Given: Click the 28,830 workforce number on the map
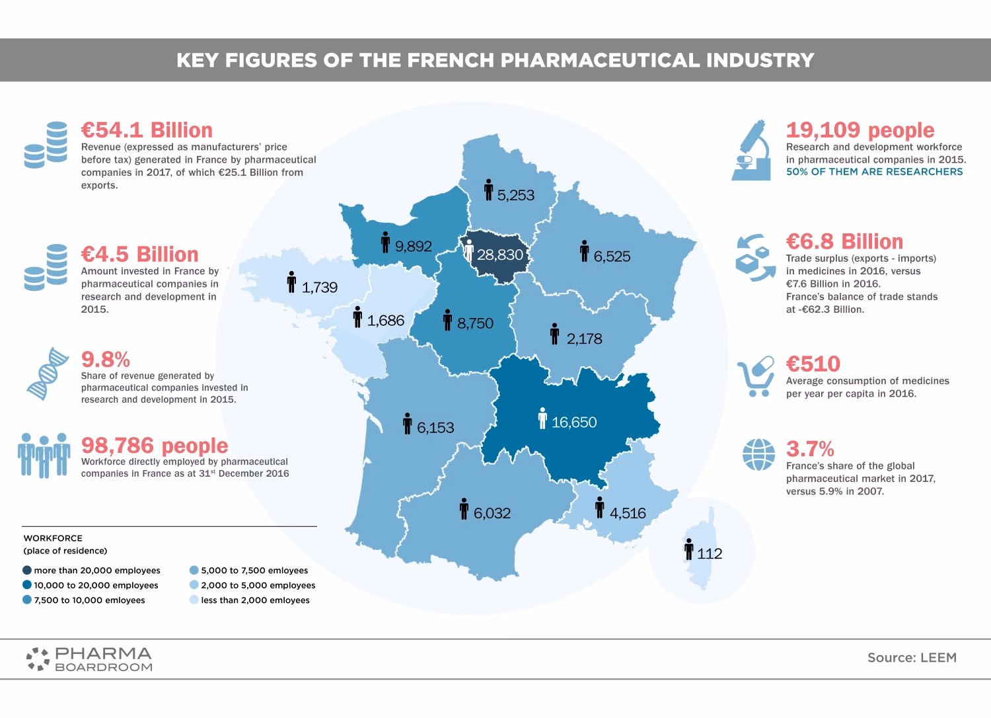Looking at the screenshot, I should coord(500,255).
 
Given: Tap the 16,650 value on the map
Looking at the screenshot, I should coord(574,422).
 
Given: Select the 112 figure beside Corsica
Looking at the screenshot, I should coord(710,554).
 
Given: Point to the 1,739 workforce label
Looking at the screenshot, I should coord(320,288).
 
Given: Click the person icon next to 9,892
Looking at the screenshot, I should coord(385,243).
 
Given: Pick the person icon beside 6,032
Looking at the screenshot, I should coord(464,508).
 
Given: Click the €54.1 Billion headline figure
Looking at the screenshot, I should coord(147,130).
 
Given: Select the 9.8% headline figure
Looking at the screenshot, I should coord(106,360).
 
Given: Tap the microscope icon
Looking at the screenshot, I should coord(752,150).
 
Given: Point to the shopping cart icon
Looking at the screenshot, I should coord(756,377).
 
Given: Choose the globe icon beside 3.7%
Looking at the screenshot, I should coord(758,455).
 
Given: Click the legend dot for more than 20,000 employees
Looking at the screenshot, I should coord(27,571).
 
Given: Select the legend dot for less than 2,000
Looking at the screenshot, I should coord(194,600).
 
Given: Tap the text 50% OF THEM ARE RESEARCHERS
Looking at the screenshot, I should coord(874,172).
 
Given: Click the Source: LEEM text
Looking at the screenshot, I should coord(912,658).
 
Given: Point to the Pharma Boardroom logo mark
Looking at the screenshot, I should coord(38,658).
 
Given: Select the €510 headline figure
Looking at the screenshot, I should coord(813,364).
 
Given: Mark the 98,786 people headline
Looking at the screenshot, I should coord(155,446).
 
